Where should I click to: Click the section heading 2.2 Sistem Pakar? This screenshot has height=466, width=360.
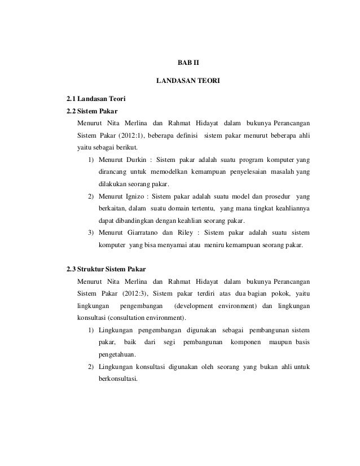point(92,111)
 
